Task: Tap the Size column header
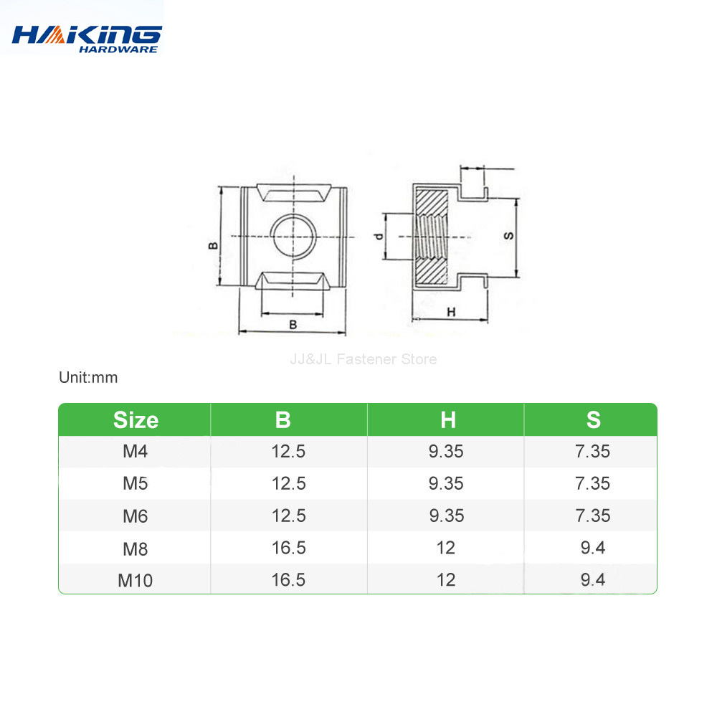[136, 420]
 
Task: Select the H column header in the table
[447, 420]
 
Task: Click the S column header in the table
[593, 420]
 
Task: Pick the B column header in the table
[283, 420]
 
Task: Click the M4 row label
[135, 452]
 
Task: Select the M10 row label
[135, 580]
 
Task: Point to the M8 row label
[135, 548]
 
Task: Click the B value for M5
[289, 484]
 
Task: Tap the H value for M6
[446, 516]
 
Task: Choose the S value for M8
[593, 548]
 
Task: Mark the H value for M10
[446, 579]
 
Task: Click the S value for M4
[593, 452]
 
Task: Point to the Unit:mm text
[88, 377]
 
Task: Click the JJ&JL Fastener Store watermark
[363, 359]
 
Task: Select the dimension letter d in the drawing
[379, 237]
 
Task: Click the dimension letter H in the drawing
[451, 312]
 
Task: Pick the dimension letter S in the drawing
[508, 236]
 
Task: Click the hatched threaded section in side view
[432, 235]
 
